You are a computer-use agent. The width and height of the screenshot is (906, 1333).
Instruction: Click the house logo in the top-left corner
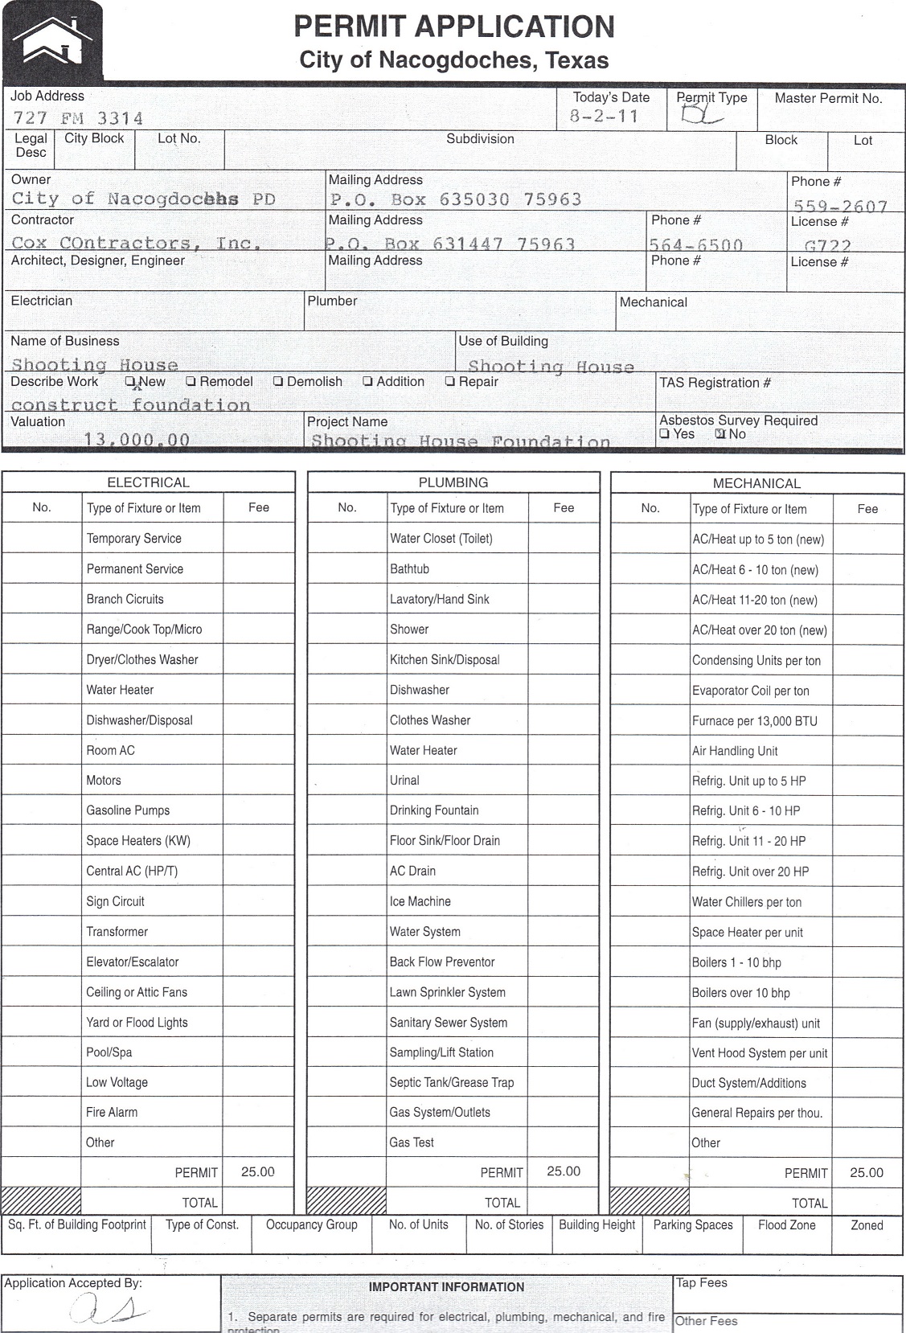(52, 39)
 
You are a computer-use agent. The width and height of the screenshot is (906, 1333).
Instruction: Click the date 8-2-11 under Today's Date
(604, 117)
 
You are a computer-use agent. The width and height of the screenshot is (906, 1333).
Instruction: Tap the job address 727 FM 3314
(78, 118)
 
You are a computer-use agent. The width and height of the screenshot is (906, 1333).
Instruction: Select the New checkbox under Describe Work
(130, 382)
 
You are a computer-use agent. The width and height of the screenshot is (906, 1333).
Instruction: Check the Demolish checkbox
(278, 382)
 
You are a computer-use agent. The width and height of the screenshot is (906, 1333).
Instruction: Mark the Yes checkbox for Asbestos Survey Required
(665, 434)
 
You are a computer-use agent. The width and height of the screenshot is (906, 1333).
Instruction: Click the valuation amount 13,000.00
(137, 440)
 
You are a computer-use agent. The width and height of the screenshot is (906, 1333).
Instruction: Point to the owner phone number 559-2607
(840, 206)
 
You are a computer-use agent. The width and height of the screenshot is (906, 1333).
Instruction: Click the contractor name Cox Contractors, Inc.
(136, 243)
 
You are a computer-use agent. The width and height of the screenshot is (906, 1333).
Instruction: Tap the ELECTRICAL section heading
(148, 482)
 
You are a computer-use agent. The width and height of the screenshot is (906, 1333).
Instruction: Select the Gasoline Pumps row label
(128, 810)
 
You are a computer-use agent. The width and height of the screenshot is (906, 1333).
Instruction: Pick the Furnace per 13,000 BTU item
(754, 721)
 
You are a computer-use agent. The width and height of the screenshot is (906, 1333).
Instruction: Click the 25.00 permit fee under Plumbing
(563, 1171)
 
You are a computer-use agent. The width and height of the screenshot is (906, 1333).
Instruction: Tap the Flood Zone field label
(786, 1225)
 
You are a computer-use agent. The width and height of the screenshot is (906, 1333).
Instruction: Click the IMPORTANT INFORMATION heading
(446, 1287)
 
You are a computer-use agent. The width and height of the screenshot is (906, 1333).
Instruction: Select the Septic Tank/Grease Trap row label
(451, 1082)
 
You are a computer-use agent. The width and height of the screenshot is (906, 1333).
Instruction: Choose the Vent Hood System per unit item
(759, 1053)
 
